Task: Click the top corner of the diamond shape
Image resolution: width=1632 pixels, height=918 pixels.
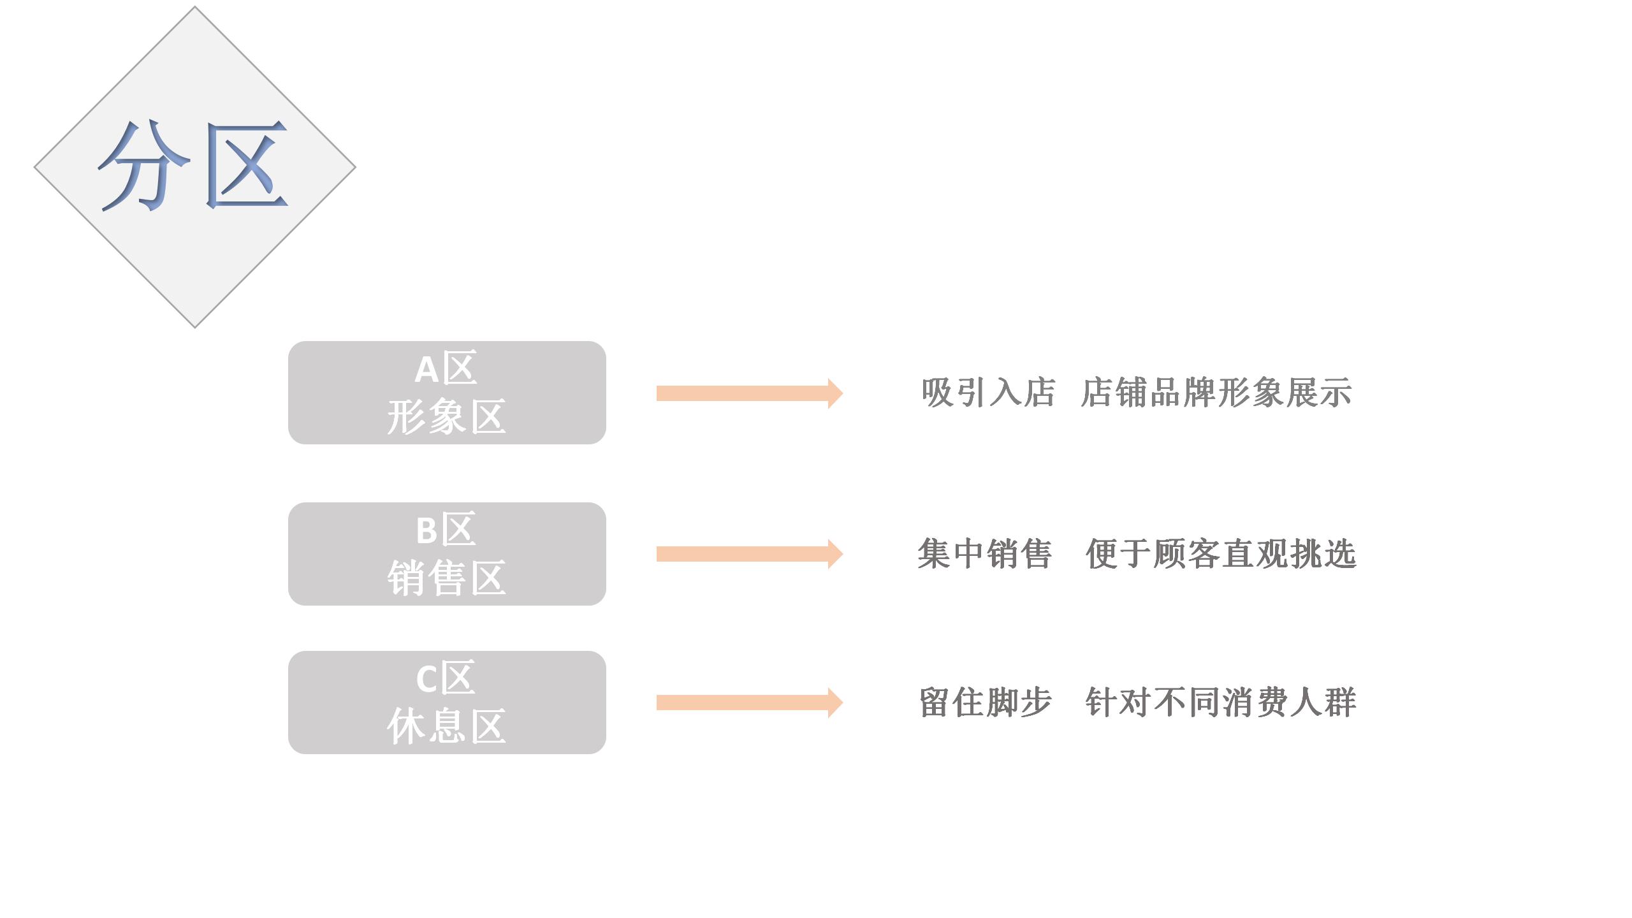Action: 195,6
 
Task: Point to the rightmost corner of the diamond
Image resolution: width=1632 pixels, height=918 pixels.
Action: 356,168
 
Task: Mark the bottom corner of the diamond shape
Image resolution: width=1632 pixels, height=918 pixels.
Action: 195,328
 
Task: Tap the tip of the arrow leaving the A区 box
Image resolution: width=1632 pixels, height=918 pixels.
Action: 843,393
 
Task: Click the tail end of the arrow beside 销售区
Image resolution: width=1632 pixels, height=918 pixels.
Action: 657,554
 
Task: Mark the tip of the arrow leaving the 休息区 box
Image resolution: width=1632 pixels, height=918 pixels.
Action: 843,703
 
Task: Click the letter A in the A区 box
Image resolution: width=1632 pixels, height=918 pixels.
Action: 426,370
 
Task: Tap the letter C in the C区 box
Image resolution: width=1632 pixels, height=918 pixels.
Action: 427,678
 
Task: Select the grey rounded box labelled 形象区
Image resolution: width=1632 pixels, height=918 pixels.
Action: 447,393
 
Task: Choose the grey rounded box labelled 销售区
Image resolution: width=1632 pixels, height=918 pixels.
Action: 447,554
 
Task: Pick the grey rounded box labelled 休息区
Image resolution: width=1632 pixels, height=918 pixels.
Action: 447,703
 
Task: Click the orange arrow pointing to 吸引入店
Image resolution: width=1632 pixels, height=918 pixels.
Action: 750,393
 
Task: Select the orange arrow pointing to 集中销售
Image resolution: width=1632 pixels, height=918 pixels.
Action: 750,554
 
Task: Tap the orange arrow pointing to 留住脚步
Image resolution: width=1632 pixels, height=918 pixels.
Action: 750,703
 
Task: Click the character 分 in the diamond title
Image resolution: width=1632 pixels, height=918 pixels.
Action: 145,165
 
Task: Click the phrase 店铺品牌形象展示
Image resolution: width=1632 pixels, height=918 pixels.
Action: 1217,393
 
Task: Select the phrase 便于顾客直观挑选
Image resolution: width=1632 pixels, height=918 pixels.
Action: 1221,553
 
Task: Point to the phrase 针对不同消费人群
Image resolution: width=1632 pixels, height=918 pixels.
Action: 1221,703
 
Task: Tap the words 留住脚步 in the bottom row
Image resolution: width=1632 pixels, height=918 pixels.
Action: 986,703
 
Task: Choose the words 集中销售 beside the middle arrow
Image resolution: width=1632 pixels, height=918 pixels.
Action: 985,553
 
